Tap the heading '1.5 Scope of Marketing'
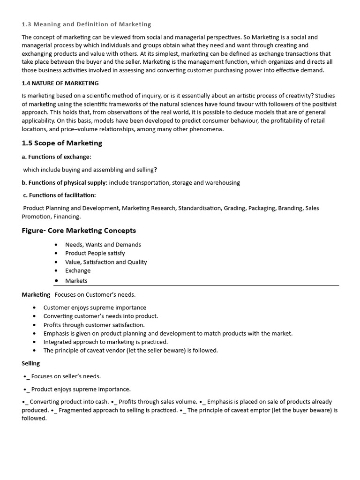pyautogui.click(x=62, y=143)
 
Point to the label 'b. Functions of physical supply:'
pyautogui.click(x=65, y=183)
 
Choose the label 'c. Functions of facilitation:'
pyautogui.click(x=60, y=195)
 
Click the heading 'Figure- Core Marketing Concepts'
pyautogui.click(x=79, y=231)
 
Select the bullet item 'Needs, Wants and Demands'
pyautogui.click(x=103, y=245)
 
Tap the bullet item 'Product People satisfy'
pyautogui.click(x=95, y=253)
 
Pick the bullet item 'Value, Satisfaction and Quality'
pyautogui.click(x=105, y=262)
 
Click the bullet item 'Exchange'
pyautogui.click(x=78, y=270)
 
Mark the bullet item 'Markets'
pyautogui.click(x=76, y=281)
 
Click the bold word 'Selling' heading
pyautogui.click(x=31, y=363)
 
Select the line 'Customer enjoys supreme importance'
pyautogui.click(x=95, y=307)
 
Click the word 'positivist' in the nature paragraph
pyautogui.click(x=322, y=104)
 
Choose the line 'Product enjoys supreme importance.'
pyautogui.click(x=81, y=389)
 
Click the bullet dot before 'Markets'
pyautogui.click(x=56, y=281)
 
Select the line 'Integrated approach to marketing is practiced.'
pyautogui.click(x=105, y=342)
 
